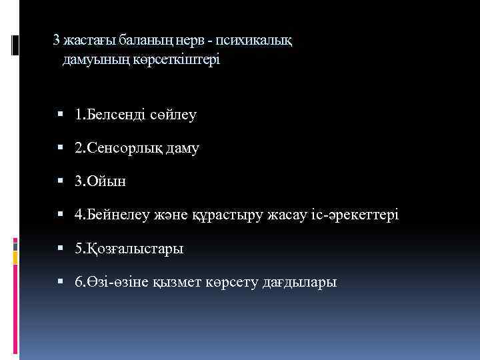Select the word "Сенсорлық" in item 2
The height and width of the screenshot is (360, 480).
[x=123, y=148]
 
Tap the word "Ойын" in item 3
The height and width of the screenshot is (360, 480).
[x=107, y=181]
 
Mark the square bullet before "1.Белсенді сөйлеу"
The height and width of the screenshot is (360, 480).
[x=60, y=115]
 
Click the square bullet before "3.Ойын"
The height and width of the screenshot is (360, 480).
[x=60, y=181]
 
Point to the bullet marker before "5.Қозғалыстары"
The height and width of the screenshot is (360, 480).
[x=60, y=249]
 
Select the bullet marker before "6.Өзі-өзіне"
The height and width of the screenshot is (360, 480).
[x=60, y=282]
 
